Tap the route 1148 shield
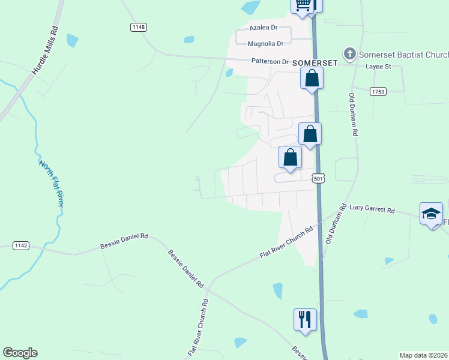[x=139, y=27]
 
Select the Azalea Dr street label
[x=264, y=28]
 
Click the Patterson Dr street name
[x=270, y=61]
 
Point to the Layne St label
[x=378, y=66]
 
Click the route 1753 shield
[x=378, y=91]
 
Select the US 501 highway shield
[x=319, y=178]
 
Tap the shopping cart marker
[x=304, y=5]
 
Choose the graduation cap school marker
[x=430, y=214]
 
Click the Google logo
[x=20, y=353]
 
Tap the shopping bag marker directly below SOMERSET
[x=312, y=78]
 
